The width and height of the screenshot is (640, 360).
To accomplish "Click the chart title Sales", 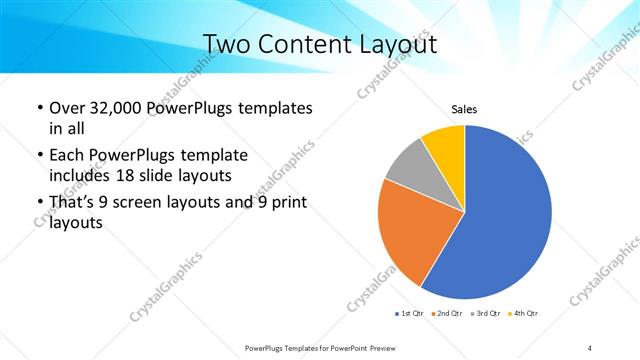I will pyautogui.click(x=464, y=110).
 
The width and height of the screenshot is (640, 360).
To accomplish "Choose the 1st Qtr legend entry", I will pyautogui.click(x=410, y=314).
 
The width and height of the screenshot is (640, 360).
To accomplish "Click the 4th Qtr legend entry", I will pyautogui.click(x=525, y=314).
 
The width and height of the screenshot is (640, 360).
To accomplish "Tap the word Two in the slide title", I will pyautogui.click(x=227, y=44).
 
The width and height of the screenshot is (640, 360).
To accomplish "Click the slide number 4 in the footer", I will pyautogui.click(x=590, y=347).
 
